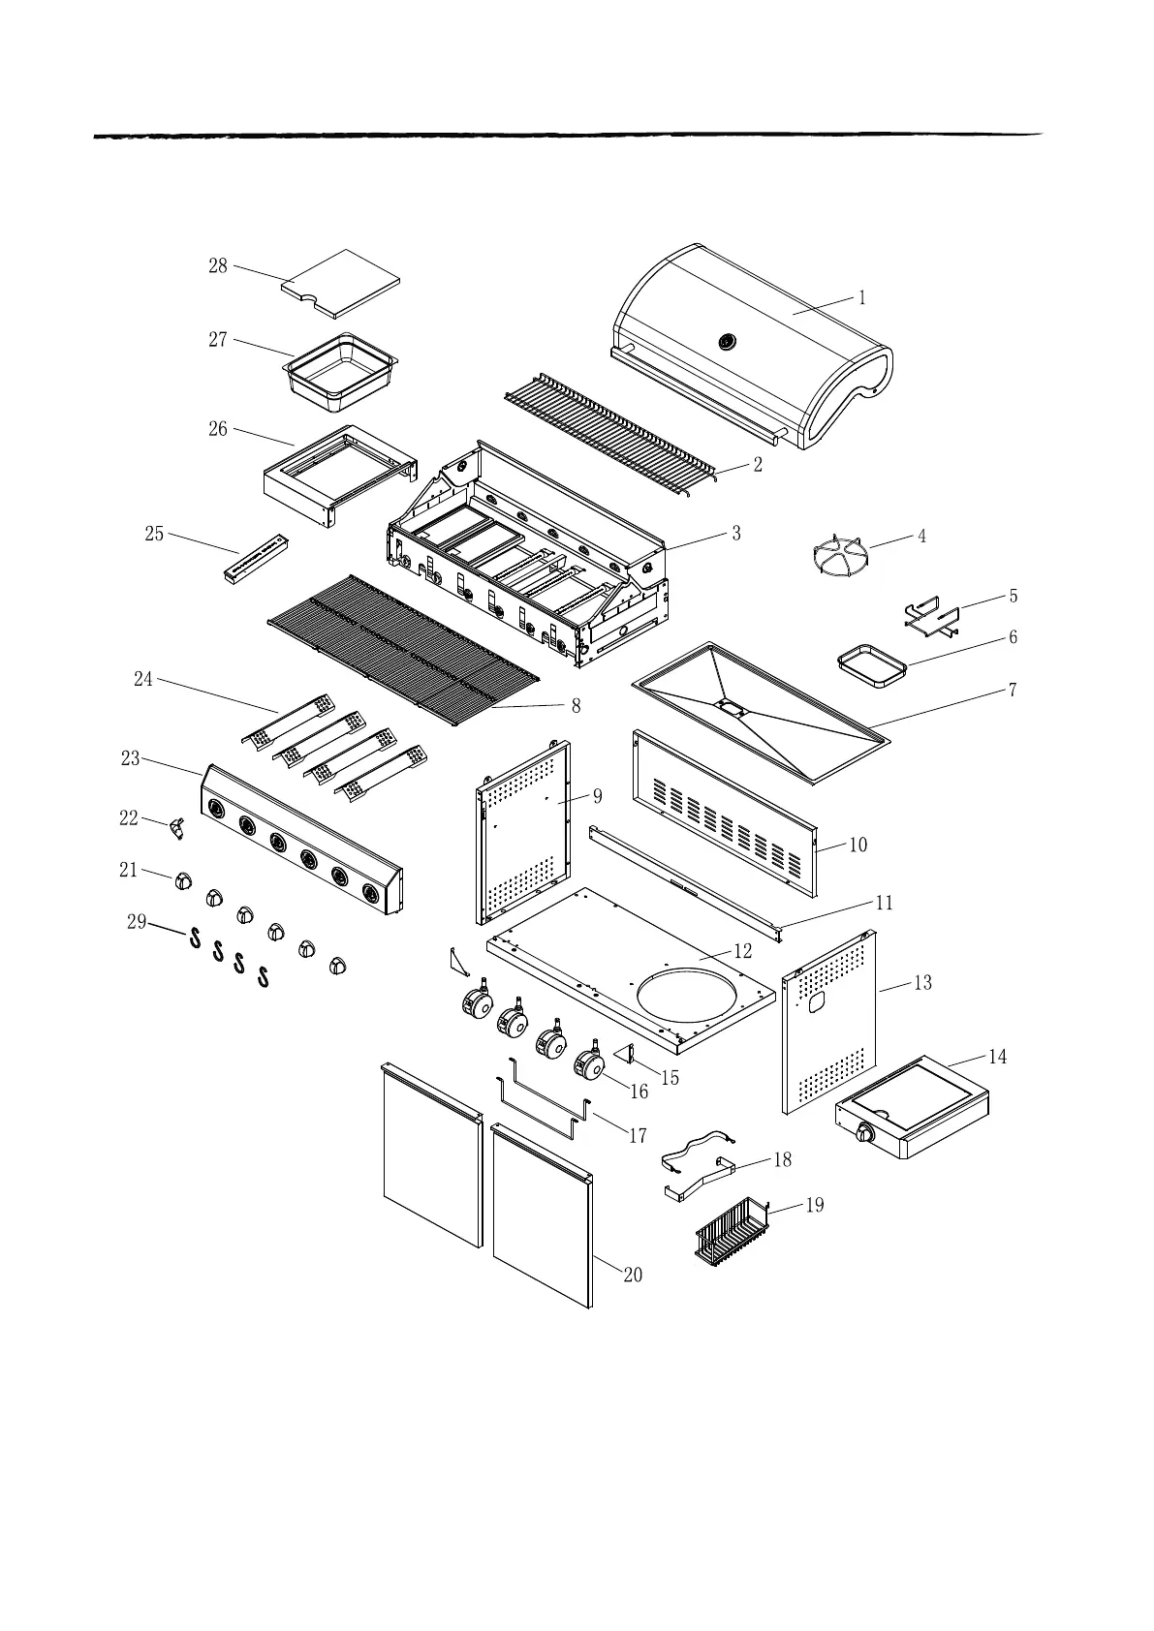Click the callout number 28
[x=218, y=265]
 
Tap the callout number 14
[x=997, y=1057]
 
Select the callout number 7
[x=1013, y=691]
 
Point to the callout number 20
[x=632, y=1275]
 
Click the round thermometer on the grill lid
[x=727, y=341]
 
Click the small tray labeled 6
[x=872, y=668]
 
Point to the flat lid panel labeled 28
[x=341, y=283]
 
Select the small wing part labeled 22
[x=176, y=827]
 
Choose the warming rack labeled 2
[x=610, y=430]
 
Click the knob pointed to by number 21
[x=184, y=881]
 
